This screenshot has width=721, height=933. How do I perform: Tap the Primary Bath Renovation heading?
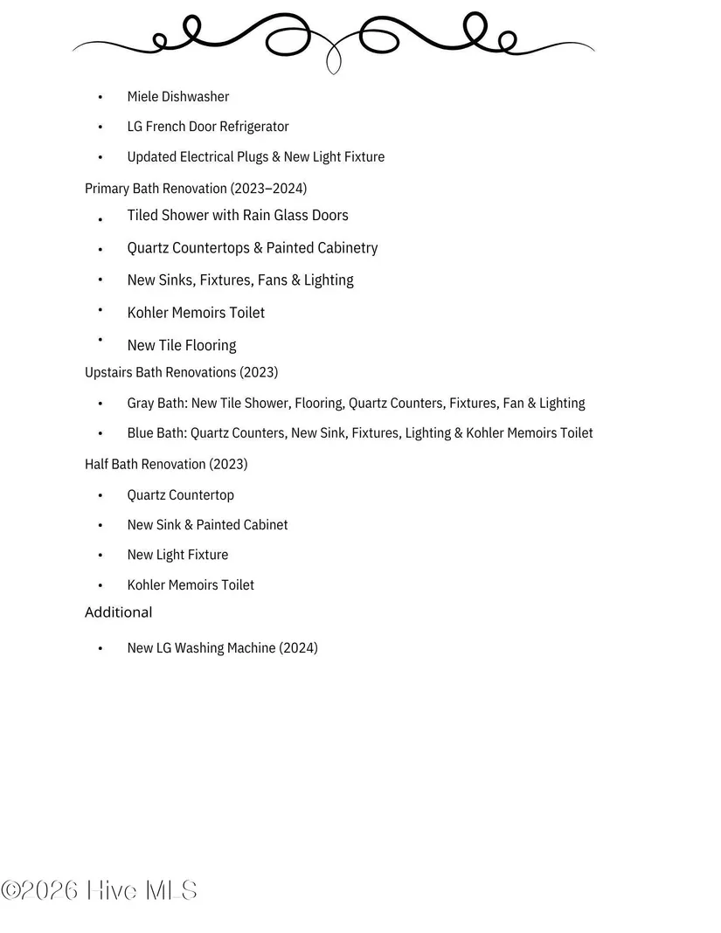[x=196, y=188]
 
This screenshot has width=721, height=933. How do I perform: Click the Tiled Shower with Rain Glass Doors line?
[x=238, y=215]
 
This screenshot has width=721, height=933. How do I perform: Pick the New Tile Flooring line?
[x=182, y=345]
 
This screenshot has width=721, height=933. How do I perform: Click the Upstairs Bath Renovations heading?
[x=181, y=372]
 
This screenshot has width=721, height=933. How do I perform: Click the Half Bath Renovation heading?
[x=166, y=464]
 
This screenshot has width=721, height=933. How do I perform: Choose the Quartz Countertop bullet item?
[x=181, y=495]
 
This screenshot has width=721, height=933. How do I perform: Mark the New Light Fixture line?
[x=177, y=555]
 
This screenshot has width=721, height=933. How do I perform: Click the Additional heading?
[x=118, y=612]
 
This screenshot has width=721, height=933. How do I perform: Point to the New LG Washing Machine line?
[x=222, y=648]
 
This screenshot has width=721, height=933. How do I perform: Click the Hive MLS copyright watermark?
[x=99, y=890]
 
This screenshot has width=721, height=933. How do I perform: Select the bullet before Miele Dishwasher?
[x=101, y=97]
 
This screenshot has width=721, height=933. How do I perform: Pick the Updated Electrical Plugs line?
[x=255, y=157]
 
